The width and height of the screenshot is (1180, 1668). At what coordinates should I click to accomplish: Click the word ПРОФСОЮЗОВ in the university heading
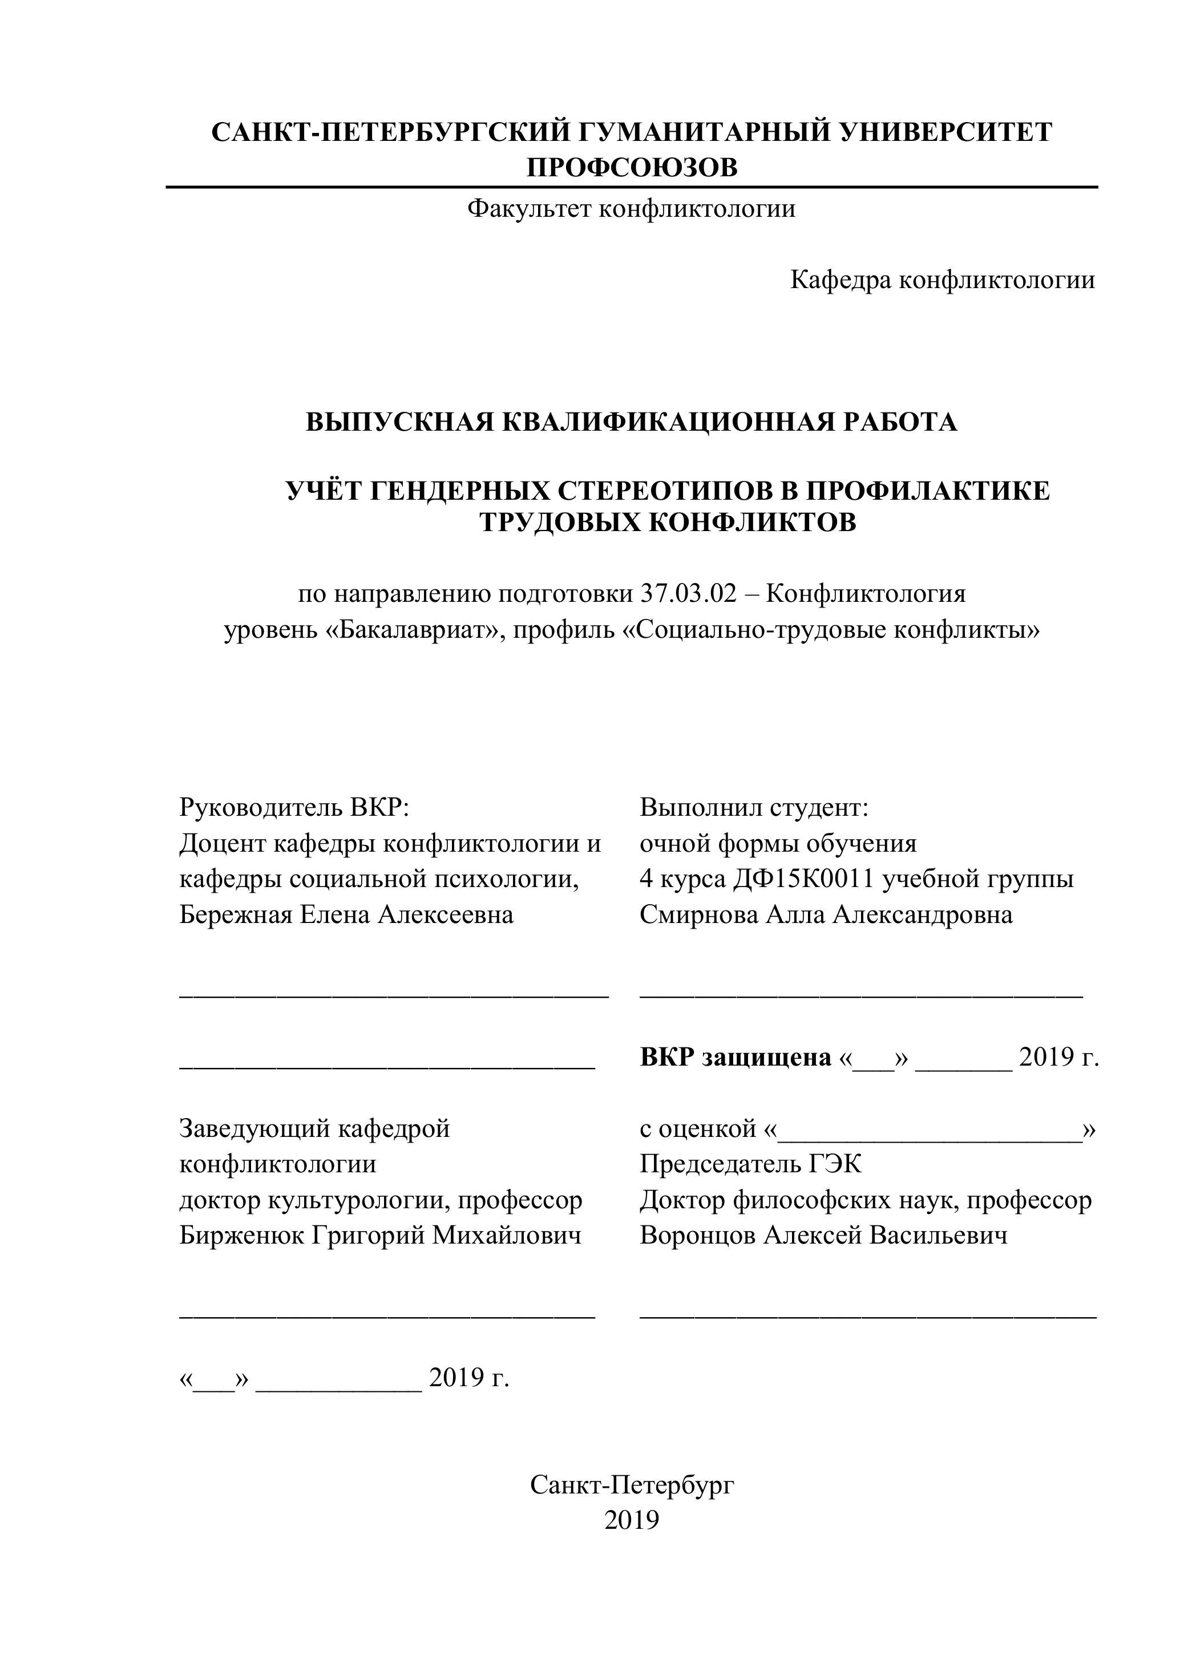pyautogui.click(x=632, y=168)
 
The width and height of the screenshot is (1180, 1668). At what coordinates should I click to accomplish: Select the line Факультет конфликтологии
pyautogui.click(x=631, y=209)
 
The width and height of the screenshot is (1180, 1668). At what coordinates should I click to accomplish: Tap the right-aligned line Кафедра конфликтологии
pyautogui.click(x=943, y=280)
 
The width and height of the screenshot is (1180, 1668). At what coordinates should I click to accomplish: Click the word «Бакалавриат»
pyautogui.click(x=415, y=630)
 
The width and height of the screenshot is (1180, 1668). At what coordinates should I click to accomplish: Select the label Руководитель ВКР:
pyautogui.click(x=295, y=807)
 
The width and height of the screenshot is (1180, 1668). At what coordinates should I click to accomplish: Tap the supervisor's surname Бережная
pyautogui.click(x=236, y=914)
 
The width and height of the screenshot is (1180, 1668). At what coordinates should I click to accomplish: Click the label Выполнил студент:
pyautogui.click(x=754, y=807)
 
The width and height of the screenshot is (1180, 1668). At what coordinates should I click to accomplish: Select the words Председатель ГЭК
pyautogui.click(x=750, y=1164)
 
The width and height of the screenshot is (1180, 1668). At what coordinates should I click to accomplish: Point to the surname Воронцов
pyautogui.click(x=697, y=1236)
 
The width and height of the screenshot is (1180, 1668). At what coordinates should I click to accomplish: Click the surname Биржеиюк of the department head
pyautogui.click(x=241, y=1236)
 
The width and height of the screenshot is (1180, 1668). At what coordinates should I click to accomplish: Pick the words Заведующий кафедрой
pyautogui.click(x=314, y=1129)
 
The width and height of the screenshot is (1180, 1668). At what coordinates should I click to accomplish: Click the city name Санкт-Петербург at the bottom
pyautogui.click(x=632, y=1485)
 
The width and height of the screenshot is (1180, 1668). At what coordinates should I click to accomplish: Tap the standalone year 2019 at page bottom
pyautogui.click(x=632, y=1520)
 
